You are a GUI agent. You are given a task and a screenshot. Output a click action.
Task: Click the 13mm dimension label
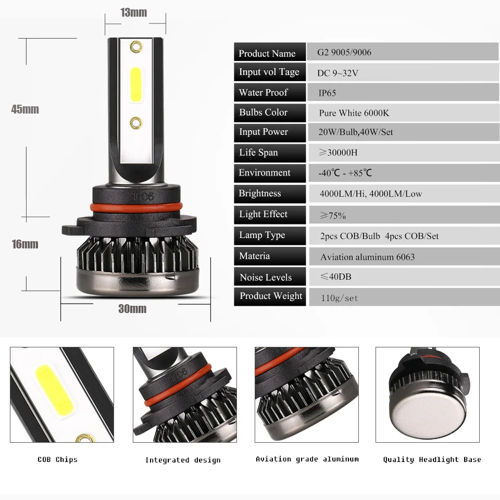coord(134,12)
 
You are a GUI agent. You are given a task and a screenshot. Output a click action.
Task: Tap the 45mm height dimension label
coord(25,109)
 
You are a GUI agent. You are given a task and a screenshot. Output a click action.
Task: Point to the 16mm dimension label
coord(25,244)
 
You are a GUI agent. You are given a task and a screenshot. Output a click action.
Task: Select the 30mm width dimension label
coord(132,309)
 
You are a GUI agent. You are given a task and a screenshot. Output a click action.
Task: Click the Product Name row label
coord(267,53)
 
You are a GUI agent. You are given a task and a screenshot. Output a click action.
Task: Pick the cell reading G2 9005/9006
coord(344,52)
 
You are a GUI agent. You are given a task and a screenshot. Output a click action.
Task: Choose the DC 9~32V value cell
coord(337,73)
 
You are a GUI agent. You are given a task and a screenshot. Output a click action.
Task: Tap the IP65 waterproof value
coord(327,93)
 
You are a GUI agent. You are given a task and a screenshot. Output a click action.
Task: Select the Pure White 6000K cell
coord(354,113)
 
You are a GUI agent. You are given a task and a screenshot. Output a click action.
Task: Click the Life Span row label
coord(258,153)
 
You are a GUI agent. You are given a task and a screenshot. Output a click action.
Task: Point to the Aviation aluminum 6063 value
coord(367,257)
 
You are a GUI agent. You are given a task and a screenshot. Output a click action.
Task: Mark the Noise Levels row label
coord(266,278)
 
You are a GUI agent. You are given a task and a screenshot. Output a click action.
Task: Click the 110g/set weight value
coord(339,298)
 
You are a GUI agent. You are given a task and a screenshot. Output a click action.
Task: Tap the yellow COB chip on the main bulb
coord(136,85)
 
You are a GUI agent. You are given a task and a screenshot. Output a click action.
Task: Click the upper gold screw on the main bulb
coord(136,47)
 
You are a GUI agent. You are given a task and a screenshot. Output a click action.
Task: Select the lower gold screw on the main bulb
coord(136,123)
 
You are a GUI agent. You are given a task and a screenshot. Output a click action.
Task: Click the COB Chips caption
coord(57,459)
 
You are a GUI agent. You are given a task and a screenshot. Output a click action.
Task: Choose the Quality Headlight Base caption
coord(432,459)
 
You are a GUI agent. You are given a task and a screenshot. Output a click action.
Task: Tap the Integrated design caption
coord(183,460)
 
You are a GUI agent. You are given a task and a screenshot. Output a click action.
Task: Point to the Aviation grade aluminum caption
coord(307,459)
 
